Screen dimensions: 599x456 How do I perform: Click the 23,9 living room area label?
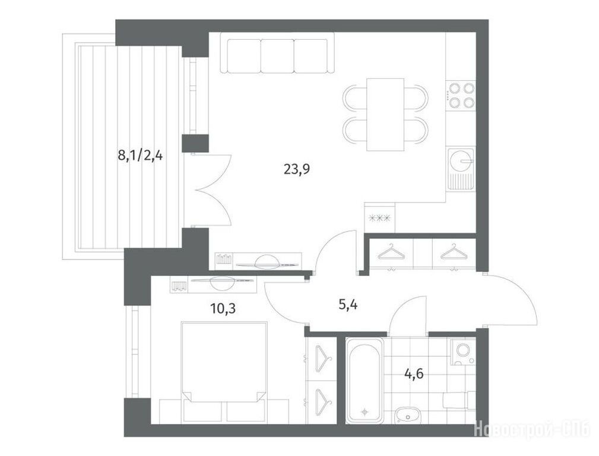296,169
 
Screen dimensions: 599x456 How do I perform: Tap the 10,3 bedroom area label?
223,308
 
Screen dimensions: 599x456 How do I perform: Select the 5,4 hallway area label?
348,305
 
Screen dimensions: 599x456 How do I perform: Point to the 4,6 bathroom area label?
414,373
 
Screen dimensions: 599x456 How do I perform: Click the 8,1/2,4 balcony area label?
140,156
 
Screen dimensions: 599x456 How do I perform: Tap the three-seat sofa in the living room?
277,56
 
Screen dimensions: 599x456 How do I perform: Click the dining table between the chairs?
385,115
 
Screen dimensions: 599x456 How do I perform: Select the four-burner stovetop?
461,95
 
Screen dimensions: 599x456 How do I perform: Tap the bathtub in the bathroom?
365,380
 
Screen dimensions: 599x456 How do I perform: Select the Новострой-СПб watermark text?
535,429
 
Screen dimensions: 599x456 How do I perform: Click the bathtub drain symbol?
365,411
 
